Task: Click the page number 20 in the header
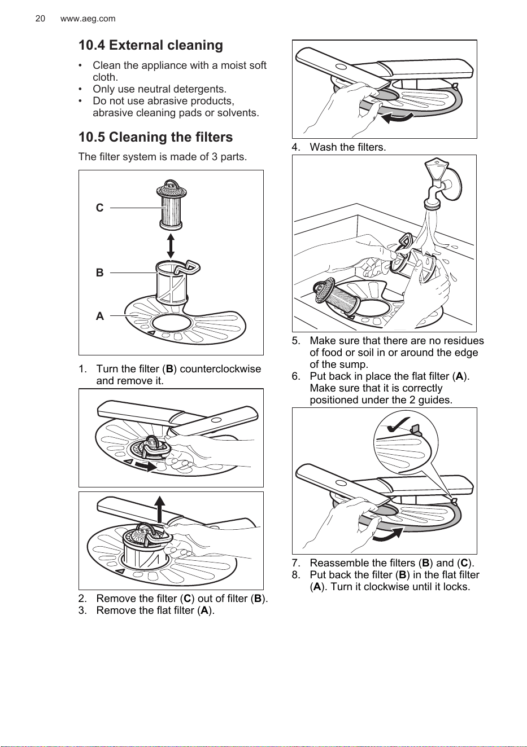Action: coord(40,19)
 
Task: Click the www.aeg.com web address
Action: coord(88,19)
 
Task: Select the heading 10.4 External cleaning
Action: coord(151,45)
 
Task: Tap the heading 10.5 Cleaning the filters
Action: coord(156,137)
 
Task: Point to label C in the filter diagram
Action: coord(99,208)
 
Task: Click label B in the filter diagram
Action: coord(99,273)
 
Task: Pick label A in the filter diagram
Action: coord(99,316)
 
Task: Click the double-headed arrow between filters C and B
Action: coord(171,246)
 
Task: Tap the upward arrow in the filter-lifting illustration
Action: coord(160,509)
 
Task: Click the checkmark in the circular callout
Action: coord(398,424)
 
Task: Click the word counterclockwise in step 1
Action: coord(220,369)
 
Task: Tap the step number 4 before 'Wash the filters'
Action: coord(296,147)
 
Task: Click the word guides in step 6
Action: coord(435,400)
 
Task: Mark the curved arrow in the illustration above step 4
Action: coord(398,118)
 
